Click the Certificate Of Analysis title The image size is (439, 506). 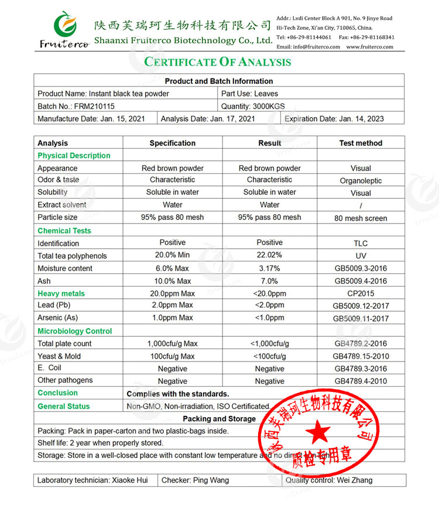tap(218, 62)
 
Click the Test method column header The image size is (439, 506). tap(361, 143)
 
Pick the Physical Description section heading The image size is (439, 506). tap(74, 156)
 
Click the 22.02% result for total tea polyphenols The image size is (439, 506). tap(269, 255)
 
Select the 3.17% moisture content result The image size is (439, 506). tap(269, 269)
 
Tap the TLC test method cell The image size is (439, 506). tap(361, 243)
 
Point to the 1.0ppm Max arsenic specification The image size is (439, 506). tap(172, 318)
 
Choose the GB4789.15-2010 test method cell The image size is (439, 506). tap(361, 356)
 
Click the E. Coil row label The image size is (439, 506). tap(49, 368)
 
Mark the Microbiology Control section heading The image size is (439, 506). tap(74, 331)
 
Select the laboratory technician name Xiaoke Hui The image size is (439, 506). tap(129, 480)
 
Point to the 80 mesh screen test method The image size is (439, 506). tap(361, 218)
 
